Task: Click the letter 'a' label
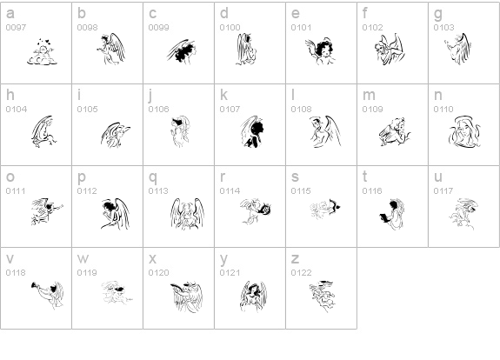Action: [x=10, y=14]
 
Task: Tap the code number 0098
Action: [x=87, y=28]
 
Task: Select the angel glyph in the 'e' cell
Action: [x=321, y=51]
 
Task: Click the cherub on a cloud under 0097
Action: [x=42, y=52]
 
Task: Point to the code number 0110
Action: [x=443, y=110]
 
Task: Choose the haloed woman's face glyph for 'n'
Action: [x=464, y=132]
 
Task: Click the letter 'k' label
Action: [x=223, y=95]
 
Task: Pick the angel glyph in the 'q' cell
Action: [x=187, y=214]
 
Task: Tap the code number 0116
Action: [x=372, y=191]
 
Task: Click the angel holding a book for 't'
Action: [x=392, y=214]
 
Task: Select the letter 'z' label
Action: [x=295, y=259]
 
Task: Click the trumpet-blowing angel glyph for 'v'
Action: [x=48, y=296]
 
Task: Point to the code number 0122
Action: [x=301, y=273]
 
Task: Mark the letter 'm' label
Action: [x=369, y=96]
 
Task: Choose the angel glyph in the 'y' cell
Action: [x=253, y=297]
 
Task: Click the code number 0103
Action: [x=443, y=28]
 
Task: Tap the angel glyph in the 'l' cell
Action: [x=324, y=131]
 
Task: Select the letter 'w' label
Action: [x=83, y=259]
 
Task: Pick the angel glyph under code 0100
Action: [x=246, y=49]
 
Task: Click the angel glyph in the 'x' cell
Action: [x=187, y=297]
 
